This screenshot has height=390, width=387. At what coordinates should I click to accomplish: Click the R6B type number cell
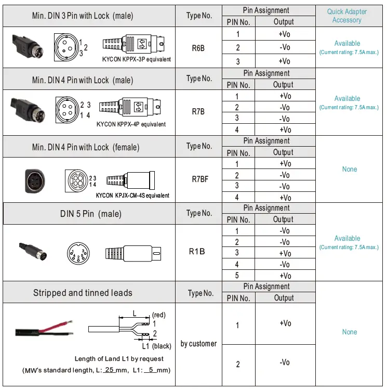coord(198,48)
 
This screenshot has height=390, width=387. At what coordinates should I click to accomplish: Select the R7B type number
coord(198,111)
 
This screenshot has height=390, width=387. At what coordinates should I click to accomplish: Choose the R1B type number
coord(196,251)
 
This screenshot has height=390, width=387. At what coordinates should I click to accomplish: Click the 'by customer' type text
coord(199,344)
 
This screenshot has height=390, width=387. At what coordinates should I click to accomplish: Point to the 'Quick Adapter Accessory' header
coord(346,16)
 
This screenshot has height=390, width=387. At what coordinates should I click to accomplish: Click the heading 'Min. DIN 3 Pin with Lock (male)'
coord(82,16)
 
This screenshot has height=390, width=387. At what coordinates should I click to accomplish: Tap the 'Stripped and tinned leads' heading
coord(83,293)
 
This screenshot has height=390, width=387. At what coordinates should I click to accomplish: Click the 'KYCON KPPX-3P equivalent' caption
coord(137,59)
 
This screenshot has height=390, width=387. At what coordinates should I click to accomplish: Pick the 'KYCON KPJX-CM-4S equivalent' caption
coord(132,196)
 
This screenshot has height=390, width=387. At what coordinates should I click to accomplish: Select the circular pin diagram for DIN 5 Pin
coord(78,253)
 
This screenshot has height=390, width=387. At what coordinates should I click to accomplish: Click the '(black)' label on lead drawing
coord(162,346)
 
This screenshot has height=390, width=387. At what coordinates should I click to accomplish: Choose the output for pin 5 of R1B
coord(285,276)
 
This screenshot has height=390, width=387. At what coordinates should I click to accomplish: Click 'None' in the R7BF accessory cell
coord(349,169)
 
